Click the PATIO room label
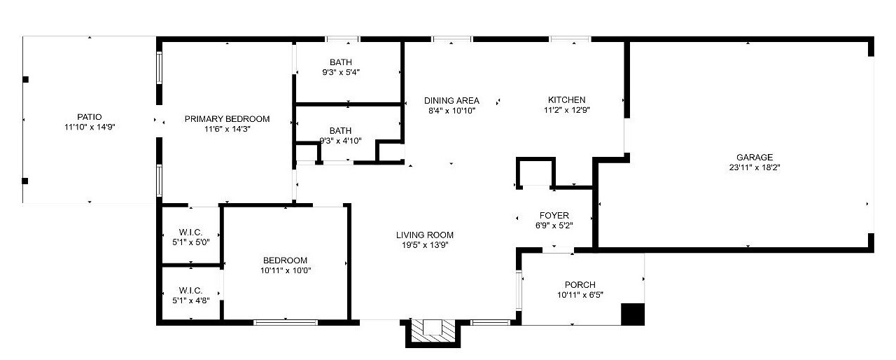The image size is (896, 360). (x=89, y=117)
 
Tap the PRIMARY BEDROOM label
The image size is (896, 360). (x=227, y=119)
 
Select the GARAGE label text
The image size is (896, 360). (x=755, y=157)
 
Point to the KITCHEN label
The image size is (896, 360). (x=566, y=99)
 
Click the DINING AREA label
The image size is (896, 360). (x=451, y=100)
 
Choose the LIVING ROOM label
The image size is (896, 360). (x=425, y=235)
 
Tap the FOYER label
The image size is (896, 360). (x=554, y=216)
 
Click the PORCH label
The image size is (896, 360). (x=580, y=285)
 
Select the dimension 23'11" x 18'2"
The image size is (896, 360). (x=755, y=167)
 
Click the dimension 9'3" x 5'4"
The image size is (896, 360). (x=341, y=72)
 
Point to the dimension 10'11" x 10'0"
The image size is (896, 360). (x=286, y=270)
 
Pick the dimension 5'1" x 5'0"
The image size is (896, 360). (x=191, y=242)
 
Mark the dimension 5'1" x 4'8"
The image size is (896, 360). (x=191, y=300)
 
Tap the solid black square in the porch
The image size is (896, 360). (x=632, y=314)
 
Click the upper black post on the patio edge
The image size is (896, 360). (x=25, y=79)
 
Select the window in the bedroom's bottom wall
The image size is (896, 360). (x=286, y=322)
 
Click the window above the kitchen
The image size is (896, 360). (x=570, y=39)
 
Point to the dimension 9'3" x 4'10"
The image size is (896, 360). (x=341, y=141)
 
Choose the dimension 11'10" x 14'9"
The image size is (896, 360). (x=90, y=127)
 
